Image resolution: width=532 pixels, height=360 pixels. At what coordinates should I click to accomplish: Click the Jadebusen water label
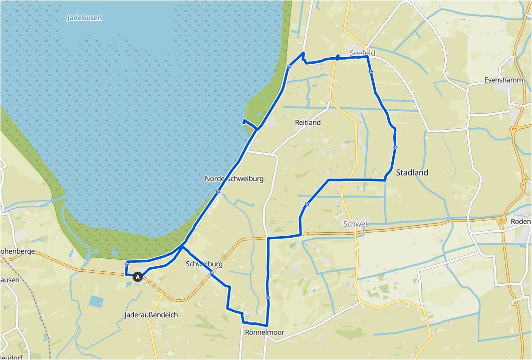click(x=84, y=18)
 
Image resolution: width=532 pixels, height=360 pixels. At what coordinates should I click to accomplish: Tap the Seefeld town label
click(x=363, y=53)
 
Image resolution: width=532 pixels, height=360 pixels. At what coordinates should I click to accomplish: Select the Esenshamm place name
click(x=503, y=80)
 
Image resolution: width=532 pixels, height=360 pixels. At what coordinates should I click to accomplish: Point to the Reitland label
click(x=308, y=122)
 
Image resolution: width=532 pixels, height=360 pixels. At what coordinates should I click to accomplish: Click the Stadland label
click(x=412, y=172)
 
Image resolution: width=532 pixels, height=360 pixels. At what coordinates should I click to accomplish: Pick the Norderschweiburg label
click(x=234, y=178)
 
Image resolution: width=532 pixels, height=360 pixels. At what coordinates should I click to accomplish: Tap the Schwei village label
click(x=355, y=224)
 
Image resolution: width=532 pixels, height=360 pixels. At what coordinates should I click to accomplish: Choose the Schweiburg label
click(x=203, y=264)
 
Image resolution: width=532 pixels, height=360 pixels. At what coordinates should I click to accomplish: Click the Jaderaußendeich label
click(x=151, y=315)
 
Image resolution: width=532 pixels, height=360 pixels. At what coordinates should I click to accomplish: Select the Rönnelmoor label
click(x=264, y=332)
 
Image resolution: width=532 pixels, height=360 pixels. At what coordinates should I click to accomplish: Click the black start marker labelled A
click(x=138, y=276)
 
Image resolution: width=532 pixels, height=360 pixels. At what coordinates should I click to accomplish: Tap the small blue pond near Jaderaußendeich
click(x=96, y=301)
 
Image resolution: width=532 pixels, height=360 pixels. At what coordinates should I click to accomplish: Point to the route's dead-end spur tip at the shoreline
click(x=243, y=121)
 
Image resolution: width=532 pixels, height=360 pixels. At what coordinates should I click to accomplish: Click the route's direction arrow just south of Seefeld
click(x=371, y=72)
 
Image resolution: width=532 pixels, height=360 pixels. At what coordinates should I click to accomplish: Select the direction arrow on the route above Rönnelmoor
click(x=268, y=297)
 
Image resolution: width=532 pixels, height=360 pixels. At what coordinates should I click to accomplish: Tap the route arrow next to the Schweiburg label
click(x=212, y=273)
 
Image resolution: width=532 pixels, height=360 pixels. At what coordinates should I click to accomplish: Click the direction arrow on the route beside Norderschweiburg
click(x=218, y=191)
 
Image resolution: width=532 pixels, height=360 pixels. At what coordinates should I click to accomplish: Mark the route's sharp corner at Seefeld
click(x=367, y=57)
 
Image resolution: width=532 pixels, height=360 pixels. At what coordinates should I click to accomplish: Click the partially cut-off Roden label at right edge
click(x=521, y=222)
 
